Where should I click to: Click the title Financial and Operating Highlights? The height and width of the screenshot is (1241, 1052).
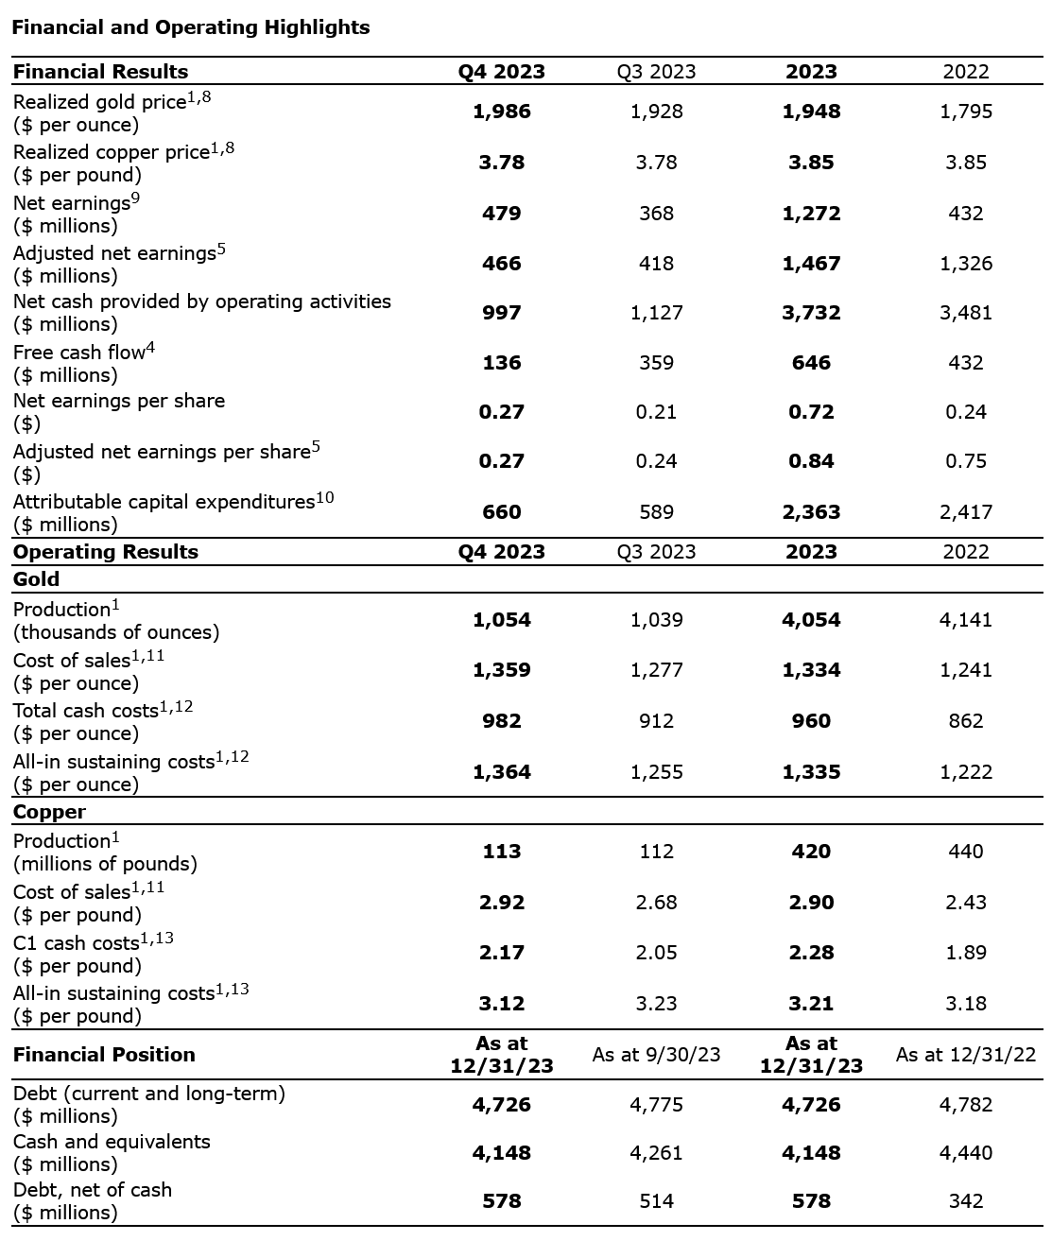pos(190,27)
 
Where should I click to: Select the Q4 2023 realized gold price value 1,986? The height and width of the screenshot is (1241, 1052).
pos(501,112)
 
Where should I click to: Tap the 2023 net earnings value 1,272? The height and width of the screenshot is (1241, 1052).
pos(811,214)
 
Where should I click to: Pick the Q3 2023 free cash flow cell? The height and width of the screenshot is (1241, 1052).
pos(656,363)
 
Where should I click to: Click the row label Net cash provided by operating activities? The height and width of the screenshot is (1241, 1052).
pos(201,302)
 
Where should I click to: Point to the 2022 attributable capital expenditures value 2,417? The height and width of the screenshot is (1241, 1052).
pos(965,512)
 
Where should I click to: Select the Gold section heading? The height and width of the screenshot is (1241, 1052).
pos(36,579)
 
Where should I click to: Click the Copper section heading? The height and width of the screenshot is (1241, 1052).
pos(49,812)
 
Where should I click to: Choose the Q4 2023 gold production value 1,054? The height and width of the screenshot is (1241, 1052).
pos(501,620)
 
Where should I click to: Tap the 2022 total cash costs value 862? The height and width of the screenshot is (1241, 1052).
pos(965,721)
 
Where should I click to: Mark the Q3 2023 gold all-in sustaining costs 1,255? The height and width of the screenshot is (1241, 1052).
pos(656,772)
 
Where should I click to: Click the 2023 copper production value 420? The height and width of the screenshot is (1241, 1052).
pos(811,852)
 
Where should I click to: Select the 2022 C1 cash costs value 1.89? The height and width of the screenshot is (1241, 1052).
pos(965,953)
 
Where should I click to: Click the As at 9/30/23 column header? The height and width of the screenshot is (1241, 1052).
pos(656,1055)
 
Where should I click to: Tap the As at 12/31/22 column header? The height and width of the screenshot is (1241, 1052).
pos(965,1055)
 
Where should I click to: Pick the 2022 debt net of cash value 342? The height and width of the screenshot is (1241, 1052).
pos(965,1201)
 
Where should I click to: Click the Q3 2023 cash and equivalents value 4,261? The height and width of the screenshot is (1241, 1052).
pos(656,1153)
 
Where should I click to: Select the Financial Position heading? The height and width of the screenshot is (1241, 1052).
pos(104,1055)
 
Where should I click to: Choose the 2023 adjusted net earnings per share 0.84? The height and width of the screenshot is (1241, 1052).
pos(811,461)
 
